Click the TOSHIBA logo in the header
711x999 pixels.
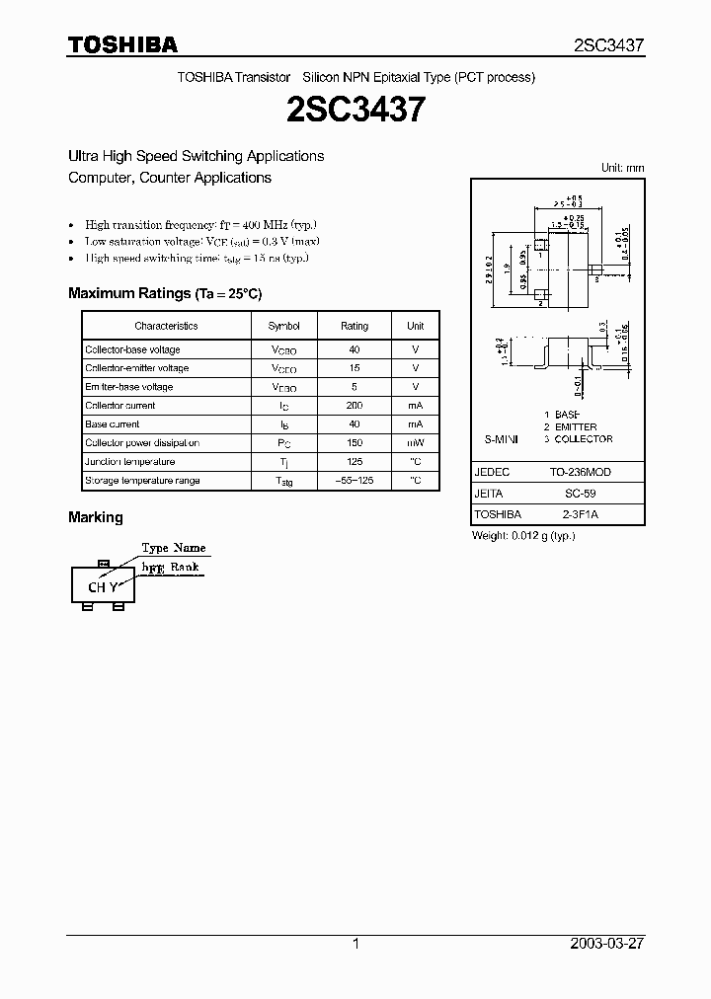click(x=122, y=44)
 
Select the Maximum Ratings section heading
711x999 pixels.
click(x=165, y=293)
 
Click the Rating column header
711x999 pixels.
click(x=355, y=326)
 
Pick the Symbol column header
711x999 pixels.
click(x=283, y=326)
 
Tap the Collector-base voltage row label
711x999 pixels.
click(x=132, y=349)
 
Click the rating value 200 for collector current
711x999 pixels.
click(x=355, y=406)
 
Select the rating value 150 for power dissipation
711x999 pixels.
click(x=355, y=443)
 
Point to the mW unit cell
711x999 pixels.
click(x=416, y=443)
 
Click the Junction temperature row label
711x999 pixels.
click(x=130, y=462)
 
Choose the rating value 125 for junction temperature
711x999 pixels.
click(x=355, y=462)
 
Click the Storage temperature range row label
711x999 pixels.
click(x=142, y=481)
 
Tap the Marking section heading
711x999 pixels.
click(x=96, y=517)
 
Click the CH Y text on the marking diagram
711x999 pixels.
click(x=103, y=586)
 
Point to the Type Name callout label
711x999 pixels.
click(x=174, y=548)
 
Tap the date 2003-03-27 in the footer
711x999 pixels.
click(x=607, y=944)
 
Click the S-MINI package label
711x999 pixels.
click(x=501, y=438)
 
